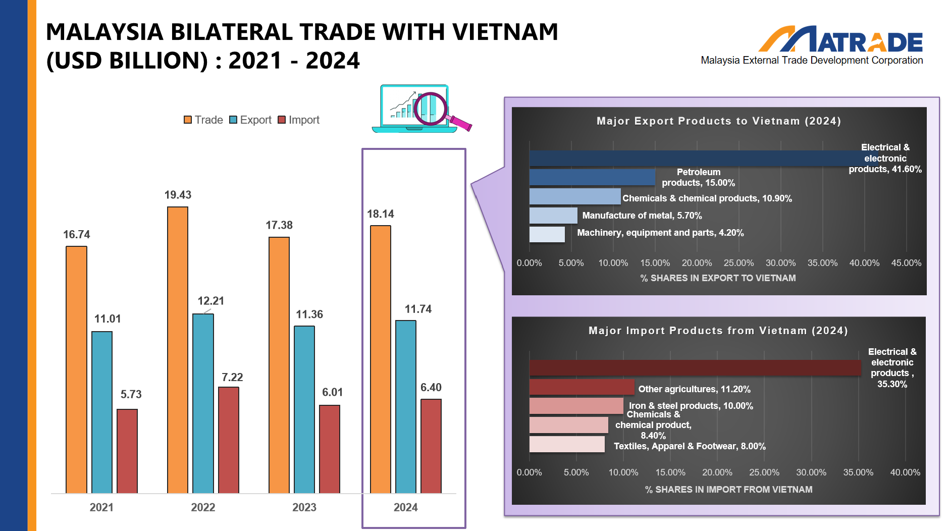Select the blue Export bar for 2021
(x=102, y=412)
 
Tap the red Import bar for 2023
(x=330, y=449)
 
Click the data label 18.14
(x=381, y=214)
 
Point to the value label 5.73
(x=131, y=394)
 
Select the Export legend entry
(x=250, y=120)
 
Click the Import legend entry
(x=299, y=120)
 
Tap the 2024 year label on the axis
(x=406, y=507)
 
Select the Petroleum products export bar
(x=592, y=177)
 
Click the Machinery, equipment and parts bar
(x=547, y=234)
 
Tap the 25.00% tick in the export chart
(x=739, y=263)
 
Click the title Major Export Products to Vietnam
(x=718, y=121)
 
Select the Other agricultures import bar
(x=582, y=387)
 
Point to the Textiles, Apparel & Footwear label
(x=690, y=446)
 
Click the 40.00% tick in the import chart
(x=905, y=472)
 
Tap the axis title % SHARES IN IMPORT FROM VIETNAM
(x=728, y=489)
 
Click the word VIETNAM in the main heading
(x=505, y=32)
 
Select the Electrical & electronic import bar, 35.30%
(x=695, y=367)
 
